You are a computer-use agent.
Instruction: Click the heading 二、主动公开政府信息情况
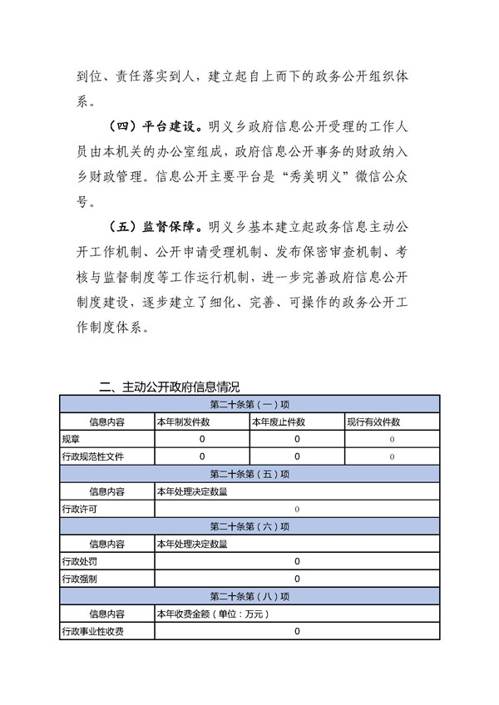169,387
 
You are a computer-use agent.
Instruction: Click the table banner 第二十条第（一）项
249,405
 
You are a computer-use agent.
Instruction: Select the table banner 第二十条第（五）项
249,474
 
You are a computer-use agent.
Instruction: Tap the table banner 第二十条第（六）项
249,526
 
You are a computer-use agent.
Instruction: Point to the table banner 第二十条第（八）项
249,596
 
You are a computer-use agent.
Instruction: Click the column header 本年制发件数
183,422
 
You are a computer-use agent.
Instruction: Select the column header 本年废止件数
279,422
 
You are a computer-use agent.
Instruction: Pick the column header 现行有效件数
374,422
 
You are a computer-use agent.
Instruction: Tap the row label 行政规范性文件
92,456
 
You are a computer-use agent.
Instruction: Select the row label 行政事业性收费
92,632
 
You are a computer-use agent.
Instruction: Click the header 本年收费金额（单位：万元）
213,614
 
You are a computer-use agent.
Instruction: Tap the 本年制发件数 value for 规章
202,439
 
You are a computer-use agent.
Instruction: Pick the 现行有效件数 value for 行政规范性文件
392,456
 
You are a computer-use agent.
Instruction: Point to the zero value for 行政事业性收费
297,632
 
